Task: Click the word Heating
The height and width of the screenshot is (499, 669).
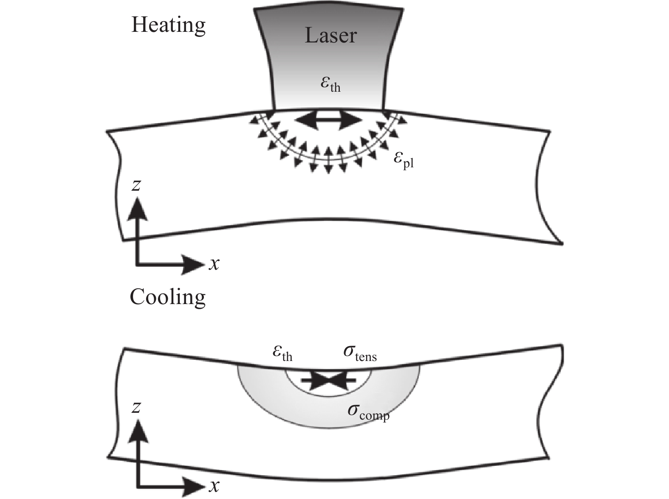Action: [x=168, y=25]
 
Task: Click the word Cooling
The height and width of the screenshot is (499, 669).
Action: [x=167, y=297]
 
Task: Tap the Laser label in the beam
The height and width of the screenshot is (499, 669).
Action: [x=330, y=36]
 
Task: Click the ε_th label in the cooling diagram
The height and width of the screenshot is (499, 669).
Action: [x=282, y=353]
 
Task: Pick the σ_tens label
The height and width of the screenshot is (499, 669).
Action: [x=360, y=353]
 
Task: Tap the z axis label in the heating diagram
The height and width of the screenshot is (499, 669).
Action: [x=136, y=185]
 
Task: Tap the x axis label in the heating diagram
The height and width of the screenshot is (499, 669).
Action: [x=214, y=264]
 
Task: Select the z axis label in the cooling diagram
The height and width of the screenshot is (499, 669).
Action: [x=136, y=407]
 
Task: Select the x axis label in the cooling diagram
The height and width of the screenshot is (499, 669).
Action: [x=214, y=485]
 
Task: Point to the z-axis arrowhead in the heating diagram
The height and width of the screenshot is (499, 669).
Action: [x=137, y=209]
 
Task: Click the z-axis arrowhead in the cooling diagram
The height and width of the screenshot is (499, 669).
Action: [x=137, y=430]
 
